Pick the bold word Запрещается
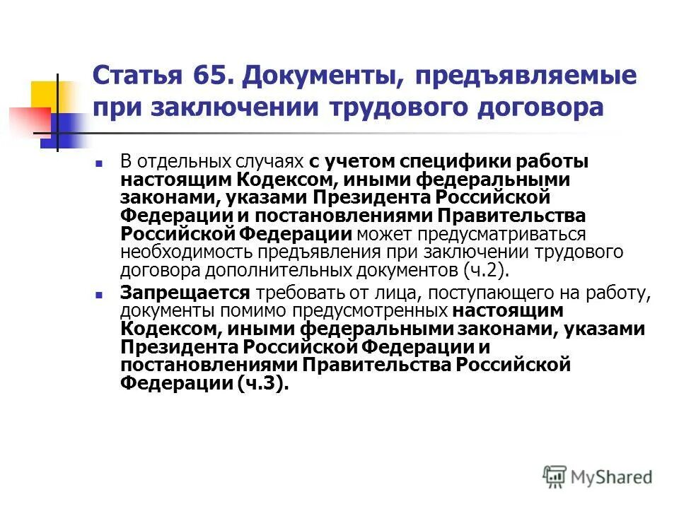pyautogui.click(x=185, y=292)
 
